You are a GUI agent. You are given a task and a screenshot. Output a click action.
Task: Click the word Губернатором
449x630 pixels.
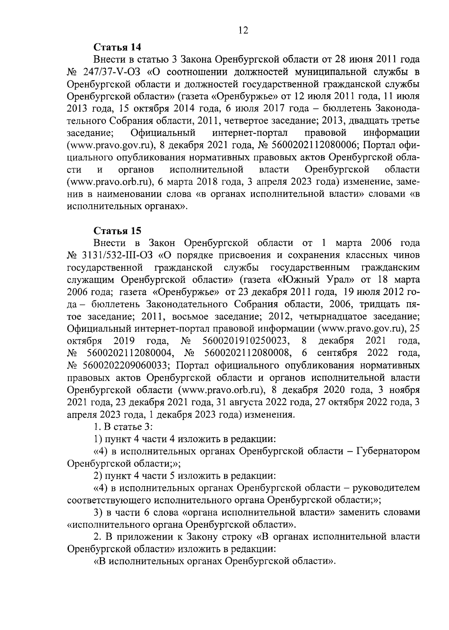click(388, 451)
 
